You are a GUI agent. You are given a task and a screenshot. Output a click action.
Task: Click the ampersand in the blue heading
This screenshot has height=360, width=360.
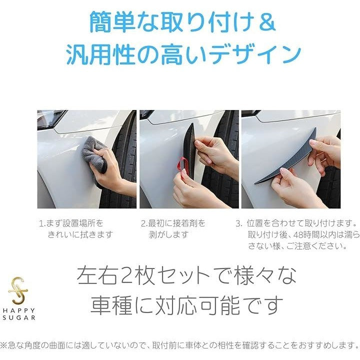point(267,22)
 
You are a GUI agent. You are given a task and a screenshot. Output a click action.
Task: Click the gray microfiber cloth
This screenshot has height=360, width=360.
point(93,152)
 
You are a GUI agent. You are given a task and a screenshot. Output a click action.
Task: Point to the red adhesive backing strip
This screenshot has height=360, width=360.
point(184,166)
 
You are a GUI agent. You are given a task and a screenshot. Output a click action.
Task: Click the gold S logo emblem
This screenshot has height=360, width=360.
point(18,290)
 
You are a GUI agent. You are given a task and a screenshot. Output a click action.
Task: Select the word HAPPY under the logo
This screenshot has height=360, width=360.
point(19,310)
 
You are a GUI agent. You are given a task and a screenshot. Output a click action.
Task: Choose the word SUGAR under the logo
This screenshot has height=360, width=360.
point(19,318)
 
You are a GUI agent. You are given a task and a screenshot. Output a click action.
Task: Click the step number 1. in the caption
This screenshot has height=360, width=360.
point(42,223)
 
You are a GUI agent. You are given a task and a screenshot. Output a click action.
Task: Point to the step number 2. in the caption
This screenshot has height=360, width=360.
point(144,223)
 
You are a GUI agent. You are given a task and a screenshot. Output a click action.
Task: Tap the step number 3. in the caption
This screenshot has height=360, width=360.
point(239,223)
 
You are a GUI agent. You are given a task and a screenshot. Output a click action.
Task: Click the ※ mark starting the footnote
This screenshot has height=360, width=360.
point(3,345)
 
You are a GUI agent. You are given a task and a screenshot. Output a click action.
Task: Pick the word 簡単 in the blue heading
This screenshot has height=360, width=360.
point(112,22)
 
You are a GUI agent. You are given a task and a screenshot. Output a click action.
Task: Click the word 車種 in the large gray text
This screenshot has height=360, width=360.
point(112,305)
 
